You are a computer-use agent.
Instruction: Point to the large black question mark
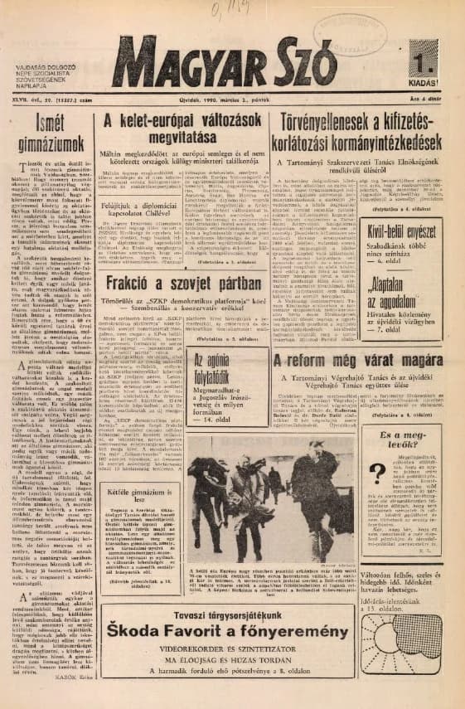pos(376,474)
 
